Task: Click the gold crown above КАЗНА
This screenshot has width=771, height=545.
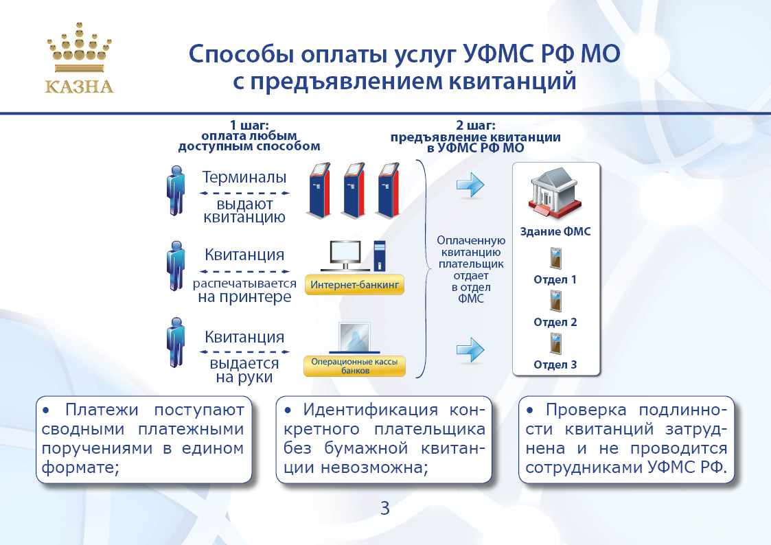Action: [x=79, y=47]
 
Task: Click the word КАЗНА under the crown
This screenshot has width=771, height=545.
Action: [x=79, y=87]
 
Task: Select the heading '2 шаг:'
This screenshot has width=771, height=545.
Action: [x=476, y=126]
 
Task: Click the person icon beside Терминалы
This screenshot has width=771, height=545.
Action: [x=176, y=191]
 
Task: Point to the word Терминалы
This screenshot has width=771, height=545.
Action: [x=244, y=177]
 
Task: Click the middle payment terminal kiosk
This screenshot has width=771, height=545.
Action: [x=354, y=190]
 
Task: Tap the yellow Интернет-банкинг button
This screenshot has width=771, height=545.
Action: [x=354, y=285]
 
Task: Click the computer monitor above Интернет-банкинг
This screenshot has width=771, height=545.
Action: [x=345, y=255]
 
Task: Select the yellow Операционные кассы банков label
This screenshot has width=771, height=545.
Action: [x=354, y=366]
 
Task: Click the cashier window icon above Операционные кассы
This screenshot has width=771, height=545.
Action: [x=354, y=338]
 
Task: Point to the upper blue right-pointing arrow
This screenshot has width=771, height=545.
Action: [x=470, y=185]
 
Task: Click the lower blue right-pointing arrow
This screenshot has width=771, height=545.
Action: [x=470, y=350]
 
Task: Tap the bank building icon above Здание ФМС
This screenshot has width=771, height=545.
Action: [x=555, y=192]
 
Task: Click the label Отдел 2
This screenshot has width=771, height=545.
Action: [x=555, y=323]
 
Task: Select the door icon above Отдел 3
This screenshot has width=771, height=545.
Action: [x=555, y=343]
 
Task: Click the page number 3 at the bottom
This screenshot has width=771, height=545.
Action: [x=385, y=508]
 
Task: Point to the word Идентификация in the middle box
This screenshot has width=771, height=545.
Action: [x=370, y=409]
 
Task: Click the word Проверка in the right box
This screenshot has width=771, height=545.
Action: [x=586, y=409]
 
